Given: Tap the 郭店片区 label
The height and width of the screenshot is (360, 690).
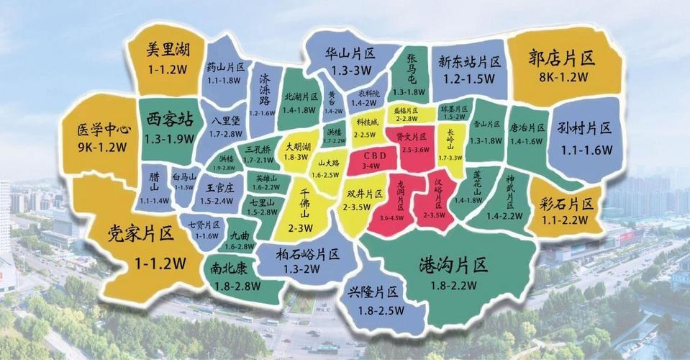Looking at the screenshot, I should point(563,57).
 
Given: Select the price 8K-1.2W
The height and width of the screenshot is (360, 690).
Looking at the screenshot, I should point(563,76).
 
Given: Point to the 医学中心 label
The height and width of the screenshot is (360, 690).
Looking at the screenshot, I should point(104,130).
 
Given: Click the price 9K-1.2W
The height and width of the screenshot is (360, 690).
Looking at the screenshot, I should point(102,149).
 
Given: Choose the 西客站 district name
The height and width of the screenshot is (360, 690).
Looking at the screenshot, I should point(169,119).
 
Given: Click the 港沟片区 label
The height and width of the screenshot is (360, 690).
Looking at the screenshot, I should point(453,266).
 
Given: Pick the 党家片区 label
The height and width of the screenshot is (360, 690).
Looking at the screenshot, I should point(142,234).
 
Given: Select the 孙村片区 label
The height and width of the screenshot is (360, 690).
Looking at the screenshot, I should point(584,129).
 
